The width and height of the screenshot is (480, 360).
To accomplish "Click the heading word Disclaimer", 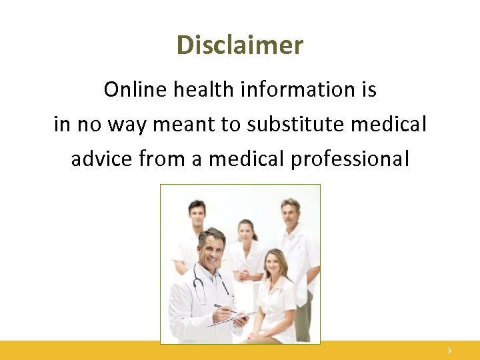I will (x=240, y=45).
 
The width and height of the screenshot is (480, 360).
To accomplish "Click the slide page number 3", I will (x=449, y=351).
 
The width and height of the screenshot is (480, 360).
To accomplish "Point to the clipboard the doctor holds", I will (x=230, y=319).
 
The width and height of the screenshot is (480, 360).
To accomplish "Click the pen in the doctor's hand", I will (x=223, y=308).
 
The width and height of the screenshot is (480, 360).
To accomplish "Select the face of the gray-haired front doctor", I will (x=212, y=248).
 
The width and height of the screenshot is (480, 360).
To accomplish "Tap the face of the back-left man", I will (x=197, y=215).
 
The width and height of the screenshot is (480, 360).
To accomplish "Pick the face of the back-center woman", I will (x=247, y=232).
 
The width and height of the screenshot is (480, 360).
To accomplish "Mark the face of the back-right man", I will (x=290, y=213).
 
